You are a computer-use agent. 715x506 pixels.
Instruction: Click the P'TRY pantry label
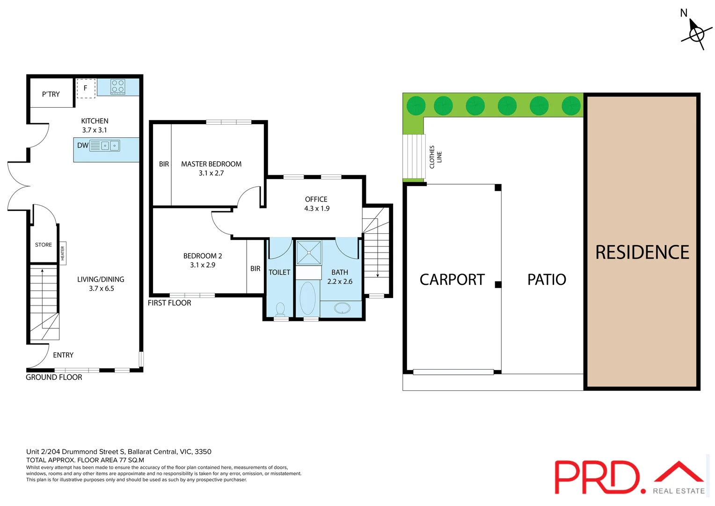51,94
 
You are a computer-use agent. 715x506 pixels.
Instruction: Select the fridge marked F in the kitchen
86,88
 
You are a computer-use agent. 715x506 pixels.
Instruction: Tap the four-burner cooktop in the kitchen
118,86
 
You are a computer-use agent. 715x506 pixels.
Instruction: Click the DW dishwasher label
83,145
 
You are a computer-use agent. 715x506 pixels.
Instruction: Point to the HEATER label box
63,253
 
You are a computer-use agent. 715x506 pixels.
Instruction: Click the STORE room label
44,245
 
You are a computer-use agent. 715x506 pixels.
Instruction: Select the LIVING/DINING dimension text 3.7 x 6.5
102,289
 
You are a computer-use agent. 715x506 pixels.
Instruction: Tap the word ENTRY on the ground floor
63,355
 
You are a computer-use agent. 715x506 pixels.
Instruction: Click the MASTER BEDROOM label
211,164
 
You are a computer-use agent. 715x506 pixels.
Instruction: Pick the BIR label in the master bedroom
164,164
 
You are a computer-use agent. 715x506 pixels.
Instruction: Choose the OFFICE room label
316,199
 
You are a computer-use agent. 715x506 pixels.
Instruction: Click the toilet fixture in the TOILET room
280,309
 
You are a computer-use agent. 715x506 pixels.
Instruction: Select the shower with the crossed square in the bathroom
309,253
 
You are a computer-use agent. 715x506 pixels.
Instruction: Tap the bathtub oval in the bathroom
307,298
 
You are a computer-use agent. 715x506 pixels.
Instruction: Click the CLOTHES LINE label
435,157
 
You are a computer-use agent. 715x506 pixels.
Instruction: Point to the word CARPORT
452,280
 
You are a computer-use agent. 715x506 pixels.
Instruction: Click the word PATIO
547,280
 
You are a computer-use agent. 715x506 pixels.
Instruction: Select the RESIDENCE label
642,253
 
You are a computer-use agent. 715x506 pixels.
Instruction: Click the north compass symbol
696,33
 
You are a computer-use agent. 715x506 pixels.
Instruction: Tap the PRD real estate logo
629,477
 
